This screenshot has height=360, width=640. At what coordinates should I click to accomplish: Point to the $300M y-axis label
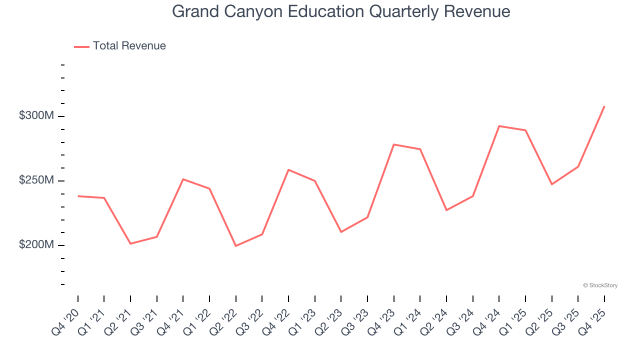coord(36,116)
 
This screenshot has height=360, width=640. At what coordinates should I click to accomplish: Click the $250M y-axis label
coord(36,180)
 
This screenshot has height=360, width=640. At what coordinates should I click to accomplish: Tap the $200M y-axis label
coord(36,245)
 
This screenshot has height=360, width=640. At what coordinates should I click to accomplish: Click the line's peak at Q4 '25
coord(604,106)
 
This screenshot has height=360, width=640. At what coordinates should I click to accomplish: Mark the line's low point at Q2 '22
coord(236,245)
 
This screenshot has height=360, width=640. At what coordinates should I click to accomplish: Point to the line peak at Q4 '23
coord(394,144)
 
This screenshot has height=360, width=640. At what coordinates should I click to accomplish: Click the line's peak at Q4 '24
coord(499,126)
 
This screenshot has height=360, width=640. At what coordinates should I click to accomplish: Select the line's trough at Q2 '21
coord(130,243)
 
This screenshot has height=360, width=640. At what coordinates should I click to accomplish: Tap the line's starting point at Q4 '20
coord(78,196)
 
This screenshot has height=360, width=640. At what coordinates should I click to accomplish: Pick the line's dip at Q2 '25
coord(552,184)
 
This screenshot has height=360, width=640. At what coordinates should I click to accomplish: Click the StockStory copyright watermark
coord(600,285)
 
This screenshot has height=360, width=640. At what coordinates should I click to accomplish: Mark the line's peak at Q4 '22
coord(288,170)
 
